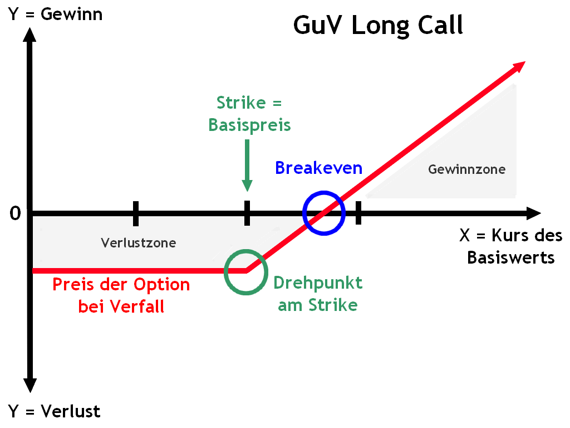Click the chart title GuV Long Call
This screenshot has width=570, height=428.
[378, 25]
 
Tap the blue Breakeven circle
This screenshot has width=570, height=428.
[324, 212]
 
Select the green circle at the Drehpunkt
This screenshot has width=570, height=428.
[245, 271]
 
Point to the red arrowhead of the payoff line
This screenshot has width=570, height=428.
[519, 66]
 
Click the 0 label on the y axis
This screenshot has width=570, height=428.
[16, 213]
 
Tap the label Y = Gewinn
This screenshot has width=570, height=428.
[55, 13]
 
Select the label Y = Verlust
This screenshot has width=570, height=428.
[54, 411]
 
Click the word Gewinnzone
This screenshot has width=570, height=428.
[466, 169]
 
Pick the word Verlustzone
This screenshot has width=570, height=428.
[139, 242]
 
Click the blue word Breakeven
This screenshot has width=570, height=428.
[318, 167]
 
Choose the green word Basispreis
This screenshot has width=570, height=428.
[249, 125]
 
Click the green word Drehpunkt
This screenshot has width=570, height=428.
[318, 283]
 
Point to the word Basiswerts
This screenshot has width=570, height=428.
[510, 257]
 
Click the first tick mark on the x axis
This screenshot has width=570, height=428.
[136, 213]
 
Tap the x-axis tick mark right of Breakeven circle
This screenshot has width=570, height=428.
[358, 213]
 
